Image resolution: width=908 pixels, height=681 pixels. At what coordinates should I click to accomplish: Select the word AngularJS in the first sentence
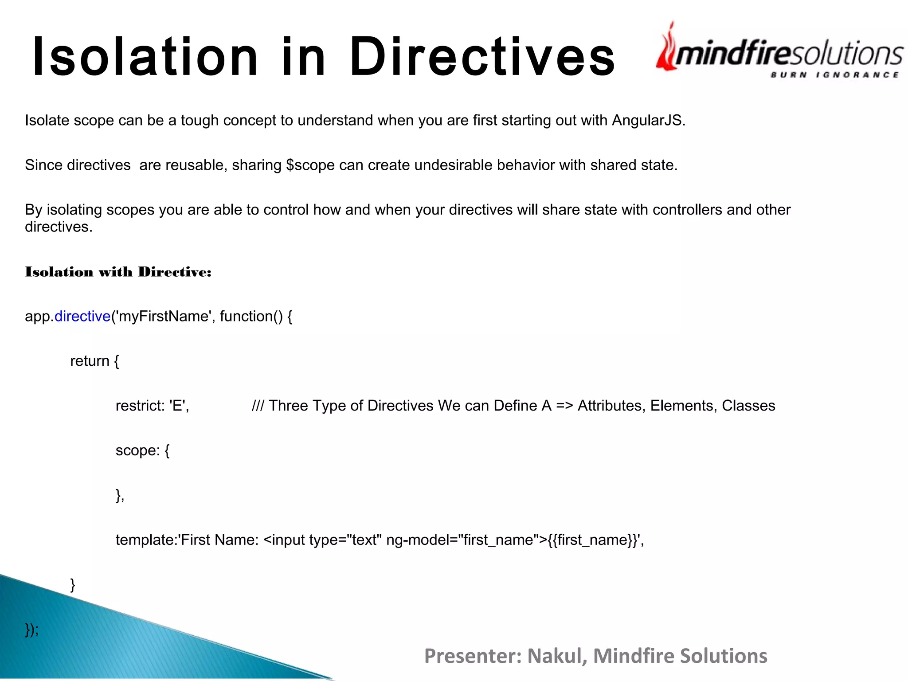tap(648, 121)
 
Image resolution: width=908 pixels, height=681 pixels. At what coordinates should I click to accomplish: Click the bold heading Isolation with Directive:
tap(118, 272)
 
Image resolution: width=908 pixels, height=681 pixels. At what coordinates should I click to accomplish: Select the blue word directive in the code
tap(82, 317)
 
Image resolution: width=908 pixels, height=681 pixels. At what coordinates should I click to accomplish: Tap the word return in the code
tap(90, 361)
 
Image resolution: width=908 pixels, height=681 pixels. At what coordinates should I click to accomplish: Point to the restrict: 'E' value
tap(152, 406)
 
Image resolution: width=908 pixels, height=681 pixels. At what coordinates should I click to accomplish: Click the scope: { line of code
tap(142, 450)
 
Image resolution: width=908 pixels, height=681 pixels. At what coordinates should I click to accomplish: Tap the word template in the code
tap(145, 540)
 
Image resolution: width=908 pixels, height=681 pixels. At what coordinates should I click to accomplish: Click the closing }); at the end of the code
tap(31, 630)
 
